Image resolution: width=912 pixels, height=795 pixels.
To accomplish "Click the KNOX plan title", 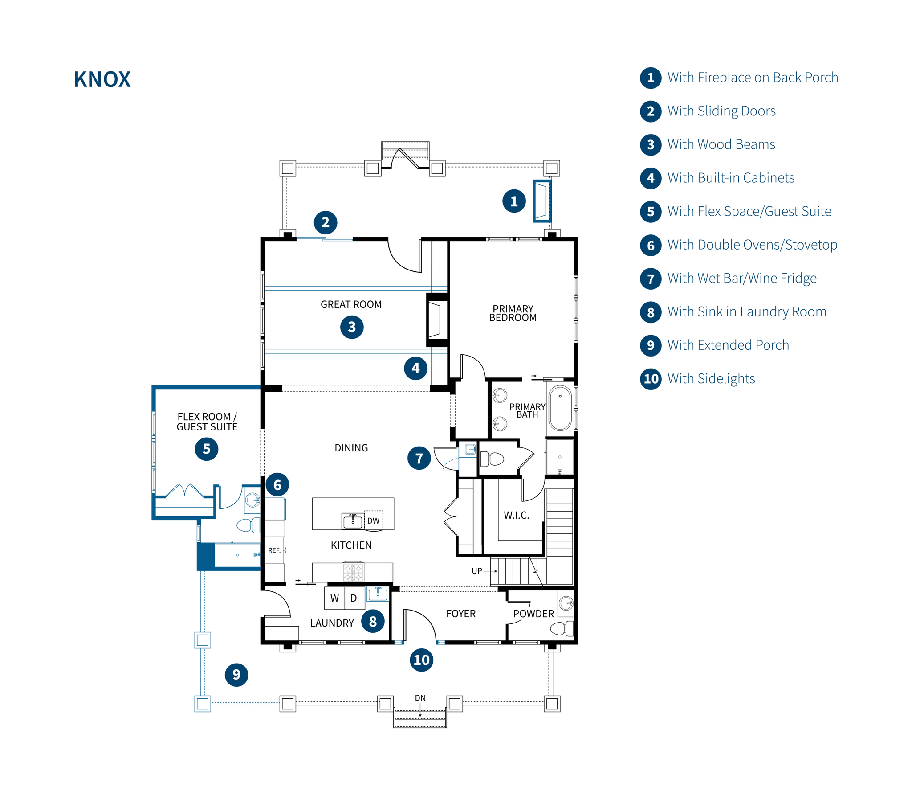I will click(x=102, y=79).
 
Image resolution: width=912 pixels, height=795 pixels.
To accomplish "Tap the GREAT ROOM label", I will click(x=351, y=304).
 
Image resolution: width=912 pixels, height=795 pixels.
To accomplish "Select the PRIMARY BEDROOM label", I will click(x=513, y=313).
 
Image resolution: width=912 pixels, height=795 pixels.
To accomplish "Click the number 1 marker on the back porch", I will click(x=513, y=201).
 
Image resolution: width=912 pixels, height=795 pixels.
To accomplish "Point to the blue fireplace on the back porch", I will click(x=542, y=201).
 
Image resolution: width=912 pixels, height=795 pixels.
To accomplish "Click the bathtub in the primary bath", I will click(x=560, y=408).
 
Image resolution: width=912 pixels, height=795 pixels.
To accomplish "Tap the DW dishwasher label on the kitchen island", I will click(x=373, y=520).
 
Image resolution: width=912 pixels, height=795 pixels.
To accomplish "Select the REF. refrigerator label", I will click(x=274, y=550).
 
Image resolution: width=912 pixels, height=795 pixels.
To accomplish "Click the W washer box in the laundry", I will click(x=334, y=598).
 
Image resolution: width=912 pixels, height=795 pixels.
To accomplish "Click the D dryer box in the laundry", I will click(x=354, y=598).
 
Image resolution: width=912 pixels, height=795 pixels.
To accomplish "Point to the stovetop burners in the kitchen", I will click(x=353, y=572).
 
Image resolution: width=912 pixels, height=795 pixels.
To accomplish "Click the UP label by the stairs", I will click(x=476, y=571).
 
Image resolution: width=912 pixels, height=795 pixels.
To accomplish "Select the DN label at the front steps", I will click(x=420, y=698).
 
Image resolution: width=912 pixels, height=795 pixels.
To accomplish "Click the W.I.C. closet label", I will click(x=516, y=516).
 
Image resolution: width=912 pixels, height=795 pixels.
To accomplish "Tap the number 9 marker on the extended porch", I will click(x=236, y=675).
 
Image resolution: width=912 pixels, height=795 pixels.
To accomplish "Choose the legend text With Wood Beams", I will click(x=721, y=144).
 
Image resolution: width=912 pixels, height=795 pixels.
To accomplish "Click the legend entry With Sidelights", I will click(x=711, y=378).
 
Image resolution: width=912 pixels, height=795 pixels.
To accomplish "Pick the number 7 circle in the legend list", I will click(x=650, y=279).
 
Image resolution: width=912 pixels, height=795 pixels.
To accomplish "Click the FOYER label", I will click(x=460, y=614).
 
